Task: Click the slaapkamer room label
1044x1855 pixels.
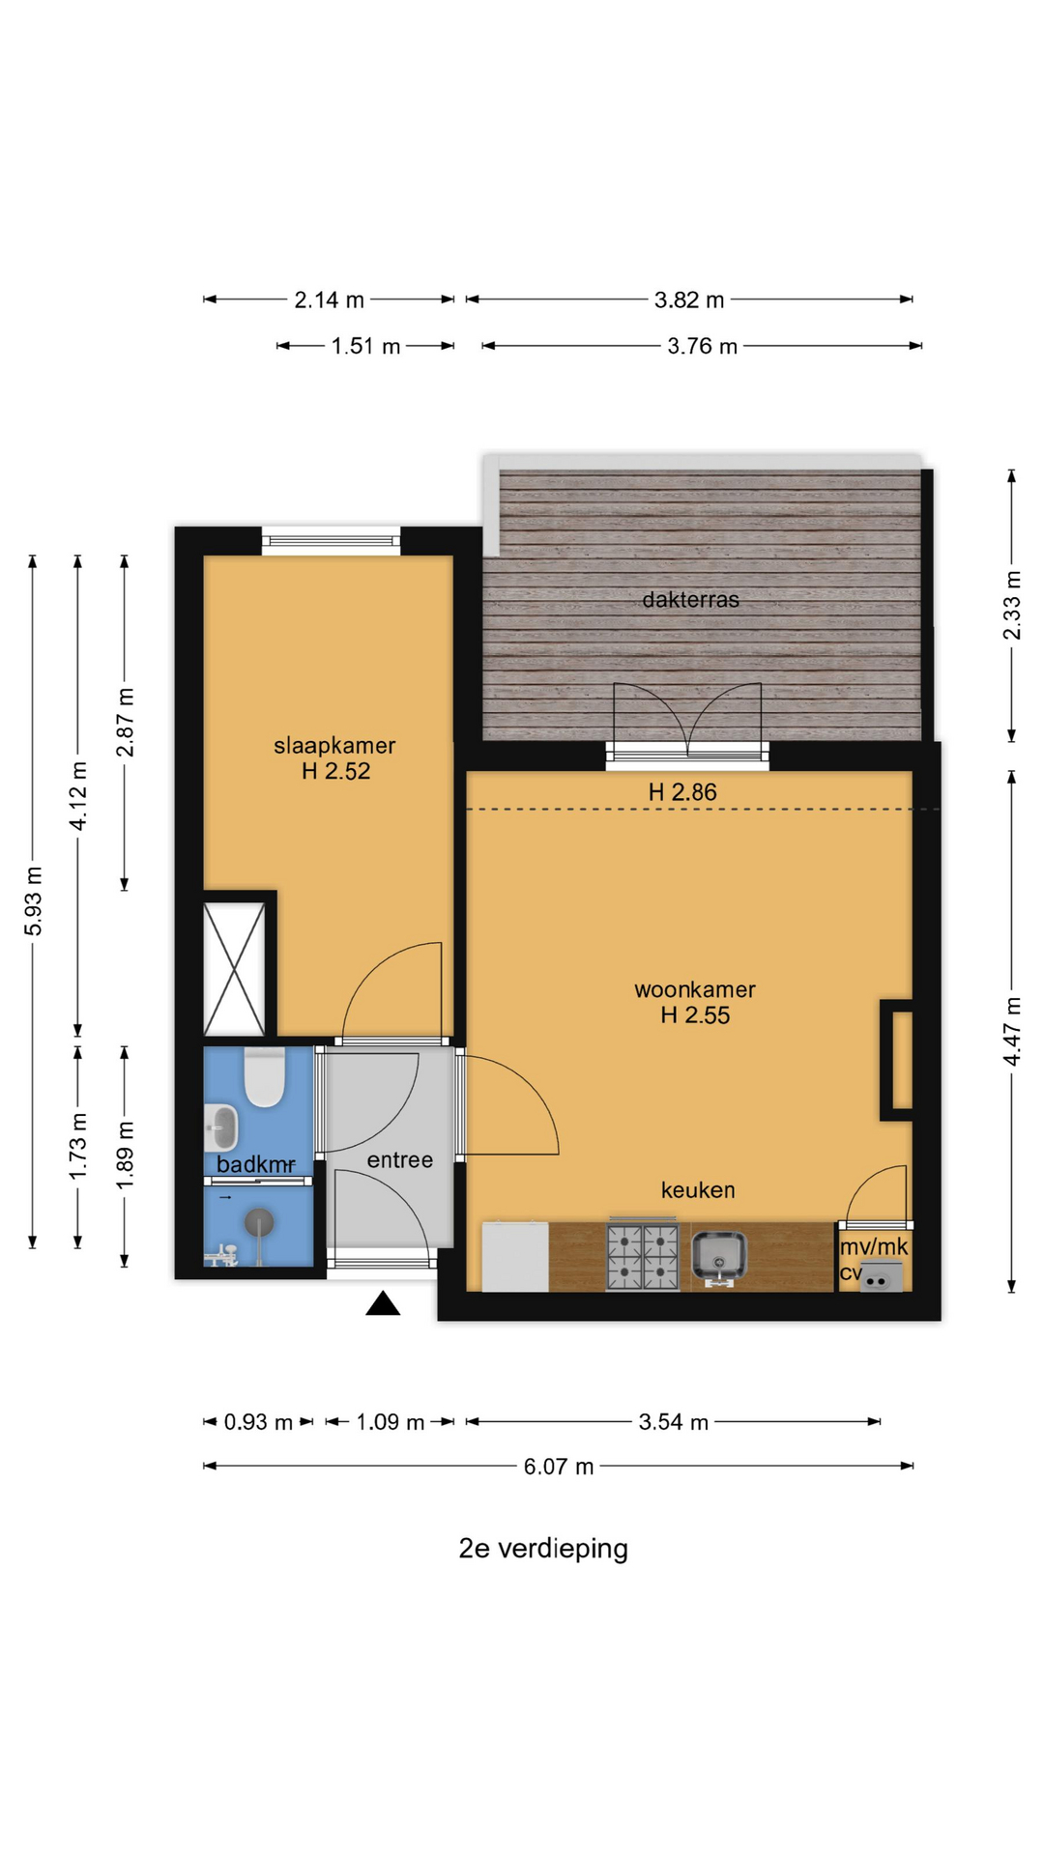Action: [x=334, y=746]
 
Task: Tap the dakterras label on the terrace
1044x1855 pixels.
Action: [x=690, y=600]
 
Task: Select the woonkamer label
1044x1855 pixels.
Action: [x=695, y=989]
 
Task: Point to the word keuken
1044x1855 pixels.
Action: [x=698, y=1190]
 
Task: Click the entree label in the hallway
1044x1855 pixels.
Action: [x=399, y=1160]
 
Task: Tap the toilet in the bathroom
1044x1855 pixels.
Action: [x=264, y=1077]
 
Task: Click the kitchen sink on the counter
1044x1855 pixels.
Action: [x=718, y=1259]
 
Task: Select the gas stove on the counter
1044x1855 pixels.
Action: [x=643, y=1256]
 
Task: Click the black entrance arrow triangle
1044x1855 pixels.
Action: [x=383, y=1303]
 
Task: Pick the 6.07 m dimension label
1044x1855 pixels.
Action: [x=559, y=1467]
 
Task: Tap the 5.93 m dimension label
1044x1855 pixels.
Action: [x=34, y=900]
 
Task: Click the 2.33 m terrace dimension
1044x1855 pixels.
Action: [x=1012, y=605]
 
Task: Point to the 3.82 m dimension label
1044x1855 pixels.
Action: [x=689, y=300]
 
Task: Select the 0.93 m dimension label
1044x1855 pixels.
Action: [x=258, y=1422]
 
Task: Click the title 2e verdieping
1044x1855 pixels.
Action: [x=543, y=1549]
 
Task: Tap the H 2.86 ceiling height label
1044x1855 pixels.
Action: [x=682, y=792]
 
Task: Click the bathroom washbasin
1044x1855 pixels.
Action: [x=221, y=1127]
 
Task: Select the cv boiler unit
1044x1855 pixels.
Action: [x=881, y=1277]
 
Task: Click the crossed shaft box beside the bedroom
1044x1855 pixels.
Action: [x=234, y=969]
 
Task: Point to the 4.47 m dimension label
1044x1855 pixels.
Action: [x=1012, y=1031]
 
